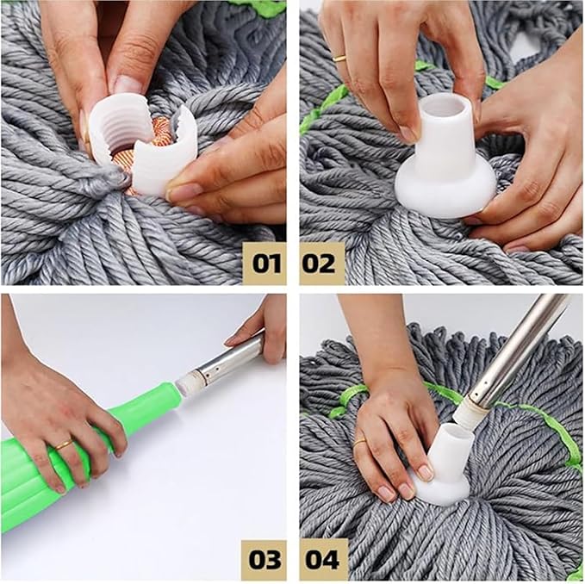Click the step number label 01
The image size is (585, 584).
click(264, 262)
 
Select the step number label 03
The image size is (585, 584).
click(264, 559)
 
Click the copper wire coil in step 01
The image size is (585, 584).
click(162, 138)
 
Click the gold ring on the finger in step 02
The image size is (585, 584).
click(339, 59)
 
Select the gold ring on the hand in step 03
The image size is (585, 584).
click(63, 444)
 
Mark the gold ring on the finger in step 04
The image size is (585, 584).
click(359, 440)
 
